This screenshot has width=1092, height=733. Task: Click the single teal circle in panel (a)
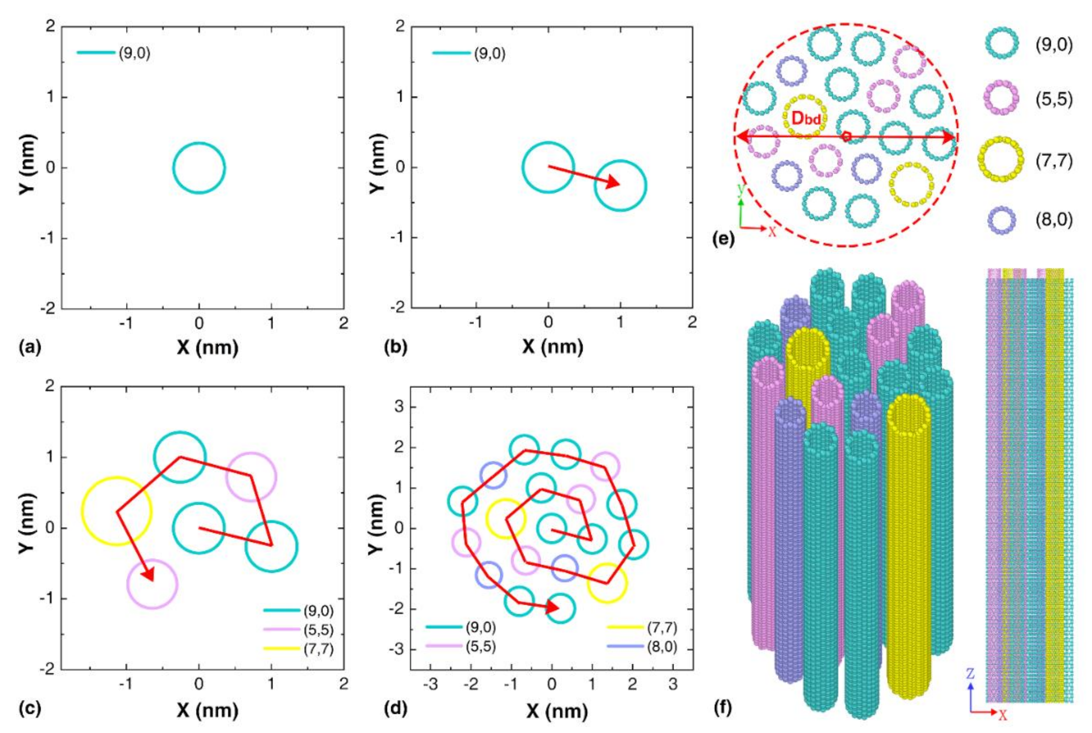click(199, 167)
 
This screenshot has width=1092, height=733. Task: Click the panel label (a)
click(29, 347)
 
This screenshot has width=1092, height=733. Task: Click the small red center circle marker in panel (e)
click(846, 137)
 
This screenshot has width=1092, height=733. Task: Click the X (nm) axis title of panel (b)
click(552, 347)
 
